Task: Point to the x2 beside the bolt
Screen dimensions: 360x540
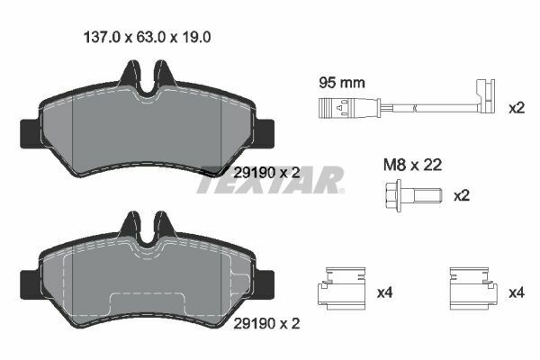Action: (461, 195)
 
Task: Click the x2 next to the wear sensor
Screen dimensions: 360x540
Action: (516, 109)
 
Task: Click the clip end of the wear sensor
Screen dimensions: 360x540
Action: (487, 101)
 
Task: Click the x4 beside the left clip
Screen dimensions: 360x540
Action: (384, 292)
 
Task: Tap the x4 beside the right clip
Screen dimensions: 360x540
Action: (517, 292)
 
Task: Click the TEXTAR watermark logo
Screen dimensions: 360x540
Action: (270, 180)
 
